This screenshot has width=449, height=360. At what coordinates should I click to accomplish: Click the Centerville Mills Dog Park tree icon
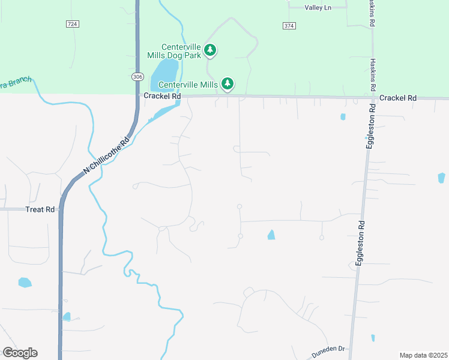pyautogui.click(x=209, y=50)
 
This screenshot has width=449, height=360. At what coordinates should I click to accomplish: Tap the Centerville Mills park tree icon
pyautogui.click(x=228, y=84)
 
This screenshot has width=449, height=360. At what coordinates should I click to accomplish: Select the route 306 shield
pyautogui.click(x=137, y=76)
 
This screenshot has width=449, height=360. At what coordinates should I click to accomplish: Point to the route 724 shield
pyautogui.click(x=72, y=24)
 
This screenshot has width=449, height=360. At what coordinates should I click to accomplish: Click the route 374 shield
pyautogui.click(x=289, y=25)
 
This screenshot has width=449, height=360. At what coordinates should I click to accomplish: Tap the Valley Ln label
pyautogui.click(x=318, y=7)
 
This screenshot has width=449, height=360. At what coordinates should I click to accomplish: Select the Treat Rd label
pyautogui.click(x=40, y=209)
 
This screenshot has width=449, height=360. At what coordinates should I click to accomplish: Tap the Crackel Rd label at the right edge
pyautogui.click(x=397, y=98)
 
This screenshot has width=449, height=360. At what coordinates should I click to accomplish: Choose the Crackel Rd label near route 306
pyautogui.click(x=160, y=96)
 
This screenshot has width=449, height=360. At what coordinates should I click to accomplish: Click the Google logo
pyautogui.click(x=20, y=353)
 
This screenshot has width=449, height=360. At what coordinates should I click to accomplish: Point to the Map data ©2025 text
pyautogui.click(x=423, y=355)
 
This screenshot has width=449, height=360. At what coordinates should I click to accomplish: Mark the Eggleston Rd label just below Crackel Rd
pyautogui.click(x=372, y=127)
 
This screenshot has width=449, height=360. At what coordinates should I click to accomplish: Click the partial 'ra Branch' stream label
pyautogui.click(x=14, y=85)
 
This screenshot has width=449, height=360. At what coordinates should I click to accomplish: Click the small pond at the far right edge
pyautogui.click(x=442, y=178)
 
